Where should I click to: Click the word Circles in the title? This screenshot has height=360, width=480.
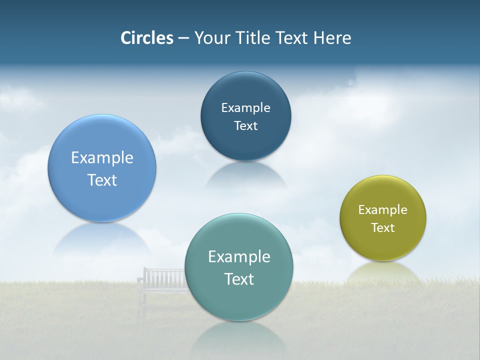[146, 38]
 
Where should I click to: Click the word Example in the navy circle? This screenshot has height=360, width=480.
[245, 107]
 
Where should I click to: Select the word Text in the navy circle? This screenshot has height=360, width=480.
[245, 125]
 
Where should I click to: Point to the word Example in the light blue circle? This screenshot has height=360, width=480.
[102, 157]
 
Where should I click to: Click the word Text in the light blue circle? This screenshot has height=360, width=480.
[102, 180]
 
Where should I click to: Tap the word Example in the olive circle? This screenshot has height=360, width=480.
[383, 209]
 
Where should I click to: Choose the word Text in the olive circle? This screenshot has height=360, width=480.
[383, 227]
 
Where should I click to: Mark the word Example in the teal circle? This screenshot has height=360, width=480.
[239, 256]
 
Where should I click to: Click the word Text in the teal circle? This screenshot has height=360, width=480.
[239, 279]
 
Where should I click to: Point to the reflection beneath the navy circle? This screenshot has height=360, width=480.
[245, 175]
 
